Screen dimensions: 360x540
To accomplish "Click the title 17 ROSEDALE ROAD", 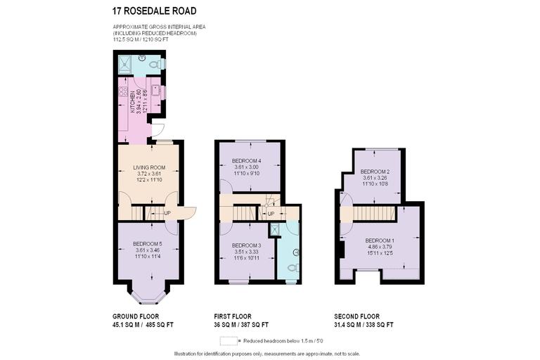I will [155, 11].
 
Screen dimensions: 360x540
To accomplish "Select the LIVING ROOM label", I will [148, 167].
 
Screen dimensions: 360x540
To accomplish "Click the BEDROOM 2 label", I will [375, 172].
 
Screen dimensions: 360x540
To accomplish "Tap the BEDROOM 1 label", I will [380, 241].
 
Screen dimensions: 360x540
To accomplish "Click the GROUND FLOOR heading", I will [134, 316].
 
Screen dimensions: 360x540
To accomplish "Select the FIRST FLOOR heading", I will [233, 316].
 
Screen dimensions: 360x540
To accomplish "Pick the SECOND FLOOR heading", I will [357, 316].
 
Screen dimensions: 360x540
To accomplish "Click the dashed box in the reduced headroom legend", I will [228, 340].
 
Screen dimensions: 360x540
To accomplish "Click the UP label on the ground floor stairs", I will [167, 213].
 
